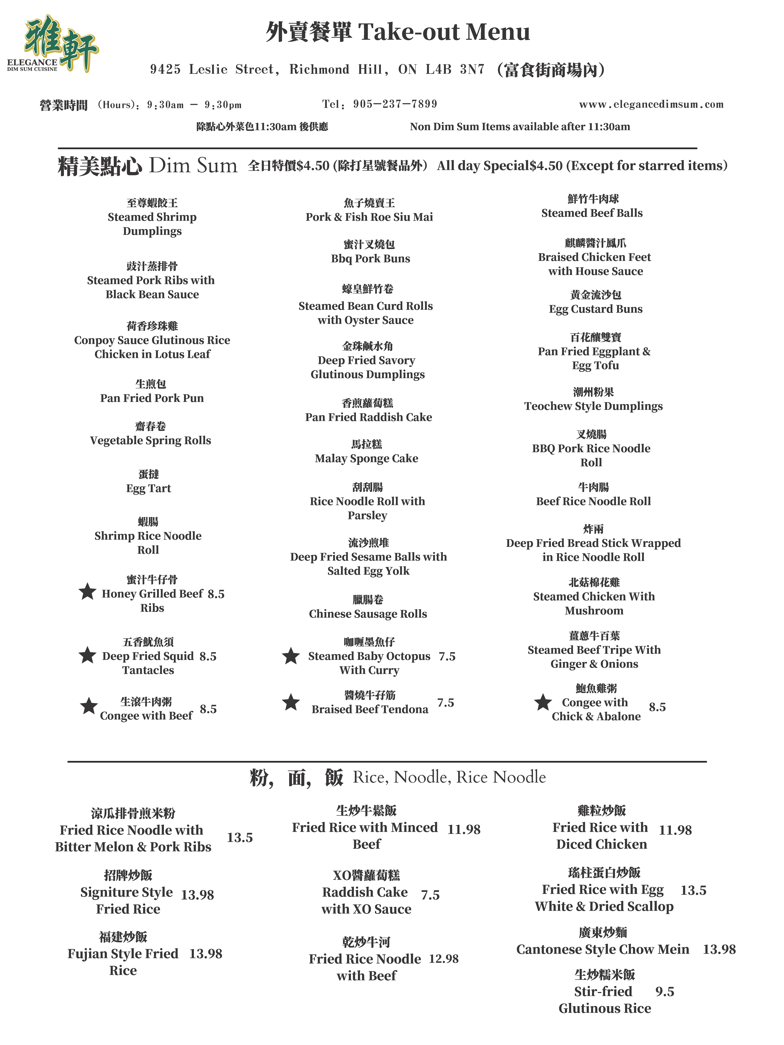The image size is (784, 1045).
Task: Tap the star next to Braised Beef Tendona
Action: click(x=291, y=702)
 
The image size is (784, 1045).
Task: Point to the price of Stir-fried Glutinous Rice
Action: click(x=664, y=992)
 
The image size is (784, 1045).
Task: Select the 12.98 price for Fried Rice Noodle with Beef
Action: click(x=443, y=959)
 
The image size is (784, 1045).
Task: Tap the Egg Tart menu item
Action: click(x=148, y=488)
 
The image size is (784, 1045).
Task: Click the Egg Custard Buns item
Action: click(x=595, y=309)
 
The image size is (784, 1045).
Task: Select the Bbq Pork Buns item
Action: click(x=370, y=258)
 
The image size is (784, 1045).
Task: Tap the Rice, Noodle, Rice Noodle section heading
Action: click(x=449, y=777)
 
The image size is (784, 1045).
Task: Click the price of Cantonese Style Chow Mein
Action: click(x=719, y=949)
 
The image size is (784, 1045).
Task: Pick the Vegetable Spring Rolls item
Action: click(x=150, y=440)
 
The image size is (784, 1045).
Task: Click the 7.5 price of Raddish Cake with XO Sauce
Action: click(x=430, y=895)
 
